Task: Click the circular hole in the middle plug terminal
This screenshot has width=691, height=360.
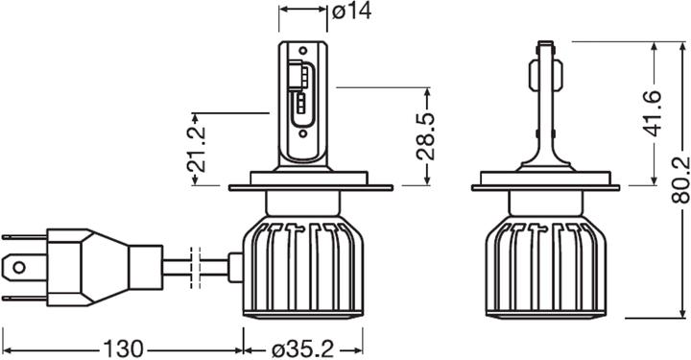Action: (18, 264)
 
